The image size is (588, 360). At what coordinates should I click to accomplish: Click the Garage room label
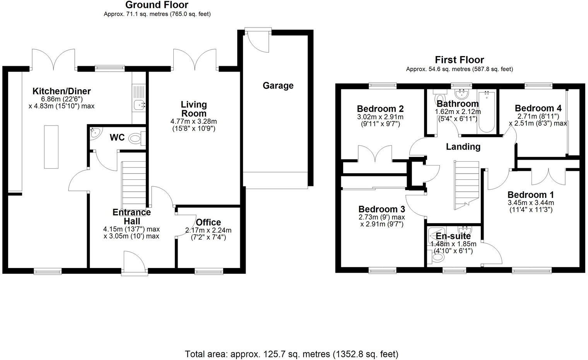278,85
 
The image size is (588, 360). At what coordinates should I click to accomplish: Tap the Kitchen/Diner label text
62,91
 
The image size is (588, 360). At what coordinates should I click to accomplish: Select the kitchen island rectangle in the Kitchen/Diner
51,147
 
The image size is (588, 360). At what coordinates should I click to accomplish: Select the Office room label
208,222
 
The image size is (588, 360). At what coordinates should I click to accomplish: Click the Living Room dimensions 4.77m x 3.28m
194,121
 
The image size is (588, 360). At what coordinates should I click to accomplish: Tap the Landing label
463,147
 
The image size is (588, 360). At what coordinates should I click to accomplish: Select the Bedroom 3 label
381,209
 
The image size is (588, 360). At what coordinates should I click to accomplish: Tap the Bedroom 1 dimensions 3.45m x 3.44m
531,203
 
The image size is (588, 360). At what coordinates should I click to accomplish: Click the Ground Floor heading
157,5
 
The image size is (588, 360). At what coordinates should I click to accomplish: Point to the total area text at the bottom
291,354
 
